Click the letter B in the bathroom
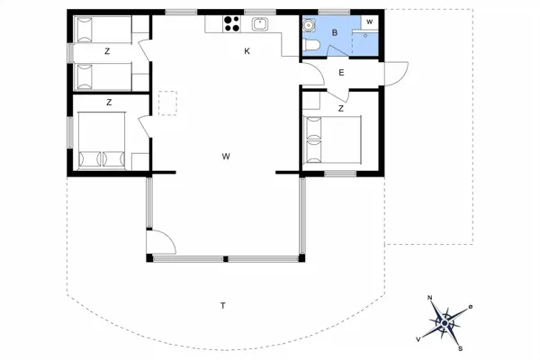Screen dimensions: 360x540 click(334, 32)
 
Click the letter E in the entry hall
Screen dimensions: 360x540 click(341, 73)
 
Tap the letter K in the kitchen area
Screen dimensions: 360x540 click(247, 51)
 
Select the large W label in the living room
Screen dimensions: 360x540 click(226, 157)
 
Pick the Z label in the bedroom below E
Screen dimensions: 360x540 click(341, 108)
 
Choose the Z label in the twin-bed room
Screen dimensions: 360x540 click(106, 51)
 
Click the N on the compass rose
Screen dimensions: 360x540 click(430, 299)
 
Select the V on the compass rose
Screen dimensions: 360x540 click(418, 338)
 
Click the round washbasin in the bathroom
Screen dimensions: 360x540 click(310, 24)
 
